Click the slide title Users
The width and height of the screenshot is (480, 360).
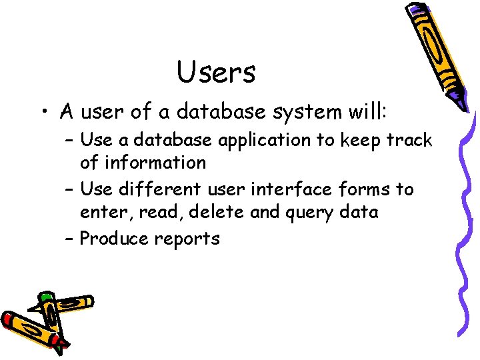pyautogui.click(x=216, y=72)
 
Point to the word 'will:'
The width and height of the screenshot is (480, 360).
pyautogui.click(x=367, y=111)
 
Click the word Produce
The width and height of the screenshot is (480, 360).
pyautogui.click(x=113, y=238)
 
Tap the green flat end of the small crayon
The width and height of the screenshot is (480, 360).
pyautogui.click(x=46, y=296)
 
